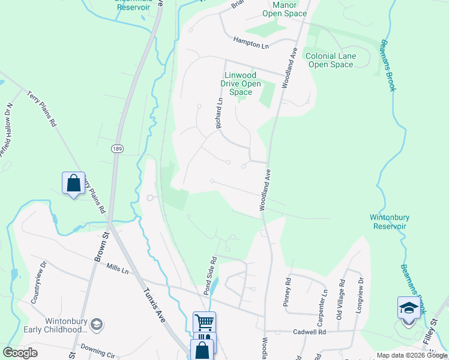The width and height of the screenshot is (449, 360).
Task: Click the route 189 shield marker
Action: pyautogui.click(x=116, y=148)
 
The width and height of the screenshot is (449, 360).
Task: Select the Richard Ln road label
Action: pyautogui.click(x=219, y=113)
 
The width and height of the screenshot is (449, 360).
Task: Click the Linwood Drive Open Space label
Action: pyautogui.click(x=241, y=84)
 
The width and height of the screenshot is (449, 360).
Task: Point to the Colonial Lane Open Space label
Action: pyautogui.click(x=331, y=60)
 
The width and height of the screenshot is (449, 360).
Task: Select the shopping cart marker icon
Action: pyautogui.click(x=204, y=322)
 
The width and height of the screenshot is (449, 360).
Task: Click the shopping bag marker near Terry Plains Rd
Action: pyautogui.click(x=73, y=184)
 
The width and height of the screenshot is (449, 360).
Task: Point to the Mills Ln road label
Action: pyautogui.click(x=118, y=269)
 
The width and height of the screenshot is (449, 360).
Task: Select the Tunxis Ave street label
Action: pyautogui.click(x=154, y=305)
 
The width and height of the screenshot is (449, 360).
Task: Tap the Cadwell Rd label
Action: pyautogui.click(x=309, y=332)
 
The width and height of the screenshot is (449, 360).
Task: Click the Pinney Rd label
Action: pyautogui.click(x=287, y=292)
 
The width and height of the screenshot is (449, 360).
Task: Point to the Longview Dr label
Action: pyautogui.click(x=360, y=292)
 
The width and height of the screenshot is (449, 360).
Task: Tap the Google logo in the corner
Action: pyautogui.click(x=20, y=352)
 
